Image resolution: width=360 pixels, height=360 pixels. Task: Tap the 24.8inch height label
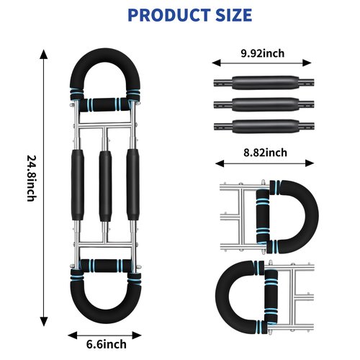(32, 179)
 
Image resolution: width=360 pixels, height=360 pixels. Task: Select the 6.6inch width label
(107, 344)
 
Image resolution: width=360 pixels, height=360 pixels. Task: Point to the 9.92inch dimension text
(263, 53)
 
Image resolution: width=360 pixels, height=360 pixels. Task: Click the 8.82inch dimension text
(265, 153)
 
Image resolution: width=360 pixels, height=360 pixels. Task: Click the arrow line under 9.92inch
(261, 63)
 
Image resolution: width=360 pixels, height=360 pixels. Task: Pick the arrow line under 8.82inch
(265, 163)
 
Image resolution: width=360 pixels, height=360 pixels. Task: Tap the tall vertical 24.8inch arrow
(44, 188)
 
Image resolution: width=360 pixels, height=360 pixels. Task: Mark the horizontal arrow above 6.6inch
(105, 336)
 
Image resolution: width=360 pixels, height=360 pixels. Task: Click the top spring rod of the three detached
(264, 83)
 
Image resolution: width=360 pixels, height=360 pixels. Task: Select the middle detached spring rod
(264, 104)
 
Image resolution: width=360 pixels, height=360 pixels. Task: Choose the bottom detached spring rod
(264, 126)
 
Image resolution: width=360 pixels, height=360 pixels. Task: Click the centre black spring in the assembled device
(105, 186)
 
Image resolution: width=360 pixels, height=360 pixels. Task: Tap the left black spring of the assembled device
(78, 185)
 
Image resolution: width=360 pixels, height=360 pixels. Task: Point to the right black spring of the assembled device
(133, 185)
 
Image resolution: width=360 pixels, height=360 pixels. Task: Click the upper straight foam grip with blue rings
(105, 104)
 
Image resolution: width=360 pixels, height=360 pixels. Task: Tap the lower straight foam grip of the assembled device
(106, 266)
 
